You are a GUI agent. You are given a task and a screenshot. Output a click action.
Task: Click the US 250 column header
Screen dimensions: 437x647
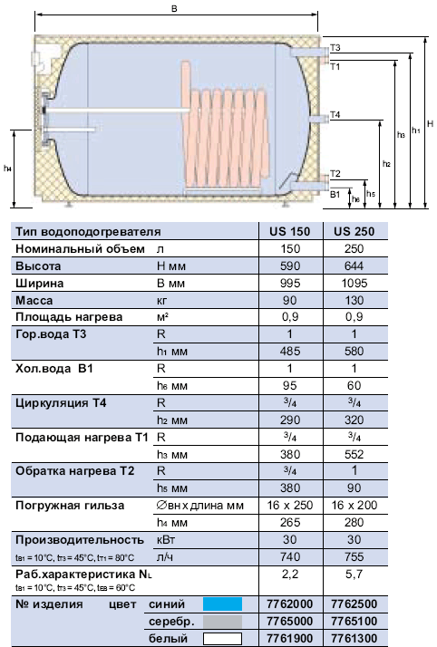pyautogui.click(x=354, y=231)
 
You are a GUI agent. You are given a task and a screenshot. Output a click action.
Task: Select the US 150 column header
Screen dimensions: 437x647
pyautogui.click(x=290, y=231)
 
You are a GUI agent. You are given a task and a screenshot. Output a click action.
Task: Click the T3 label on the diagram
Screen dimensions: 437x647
pyautogui.click(x=335, y=48)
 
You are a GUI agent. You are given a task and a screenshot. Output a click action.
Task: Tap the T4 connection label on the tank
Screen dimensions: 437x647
pyautogui.click(x=335, y=115)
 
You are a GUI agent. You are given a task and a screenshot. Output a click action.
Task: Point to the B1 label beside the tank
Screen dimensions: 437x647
pyautogui.click(x=335, y=194)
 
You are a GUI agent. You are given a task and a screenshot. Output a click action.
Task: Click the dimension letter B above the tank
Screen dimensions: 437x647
pyautogui.click(x=174, y=8)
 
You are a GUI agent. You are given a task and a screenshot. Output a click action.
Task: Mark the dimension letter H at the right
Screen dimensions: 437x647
pyautogui.click(x=430, y=124)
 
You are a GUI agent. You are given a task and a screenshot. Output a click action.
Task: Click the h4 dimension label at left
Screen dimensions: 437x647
pyautogui.click(x=7, y=169)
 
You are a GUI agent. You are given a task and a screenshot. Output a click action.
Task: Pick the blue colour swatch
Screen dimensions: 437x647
pyautogui.click(x=222, y=604)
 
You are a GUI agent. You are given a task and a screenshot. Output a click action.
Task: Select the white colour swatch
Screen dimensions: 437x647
pyautogui.click(x=222, y=639)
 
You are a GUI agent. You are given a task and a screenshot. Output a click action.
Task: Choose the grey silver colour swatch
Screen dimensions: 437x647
pyautogui.click(x=222, y=622)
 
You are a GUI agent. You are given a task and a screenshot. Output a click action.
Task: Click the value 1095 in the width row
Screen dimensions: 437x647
pyautogui.click(x=354, y=284)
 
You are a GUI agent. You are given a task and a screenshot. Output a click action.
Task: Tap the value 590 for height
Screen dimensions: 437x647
pyautogui.click(x=290, y=266)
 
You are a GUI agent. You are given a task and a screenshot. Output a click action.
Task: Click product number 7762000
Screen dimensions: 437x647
pyautogui.click(x=290, y=604)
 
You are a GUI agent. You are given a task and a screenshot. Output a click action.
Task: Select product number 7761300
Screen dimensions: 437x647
pyautogui.click(x=354, y=639)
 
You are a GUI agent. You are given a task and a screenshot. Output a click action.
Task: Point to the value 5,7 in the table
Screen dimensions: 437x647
pyautogui.click(x=354, y=574)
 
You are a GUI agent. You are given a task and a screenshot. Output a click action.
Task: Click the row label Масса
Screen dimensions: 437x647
pyautogui.click(x=34, y=301)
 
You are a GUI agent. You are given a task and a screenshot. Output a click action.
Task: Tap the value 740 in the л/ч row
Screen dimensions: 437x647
pyautogui.click(x=290, y=557)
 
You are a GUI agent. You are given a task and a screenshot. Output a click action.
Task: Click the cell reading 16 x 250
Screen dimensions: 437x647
pyautogui.click(x=290, y=506)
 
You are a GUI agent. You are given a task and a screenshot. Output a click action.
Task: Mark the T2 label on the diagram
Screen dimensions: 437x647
pyautogui.click(x=335, y=174)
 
